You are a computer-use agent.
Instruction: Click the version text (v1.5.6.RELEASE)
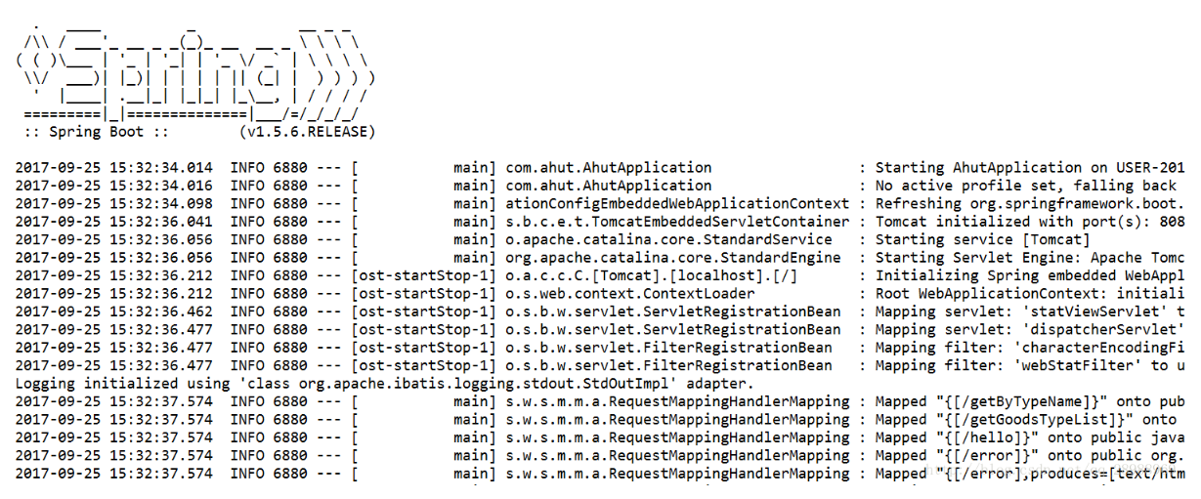coord(307,131)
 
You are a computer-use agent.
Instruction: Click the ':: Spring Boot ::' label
coord(84,131)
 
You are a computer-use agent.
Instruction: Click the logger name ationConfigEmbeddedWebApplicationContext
coord(677,203)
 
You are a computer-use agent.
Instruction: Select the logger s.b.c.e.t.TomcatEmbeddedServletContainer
coord(677,222)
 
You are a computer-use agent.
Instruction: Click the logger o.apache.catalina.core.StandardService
coord(668,239)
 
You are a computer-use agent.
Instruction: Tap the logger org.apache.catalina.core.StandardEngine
coord(672,258)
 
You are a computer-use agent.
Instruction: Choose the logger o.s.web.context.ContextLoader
coord(630,293)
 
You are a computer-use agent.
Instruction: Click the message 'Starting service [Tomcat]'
coord(982,239)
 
